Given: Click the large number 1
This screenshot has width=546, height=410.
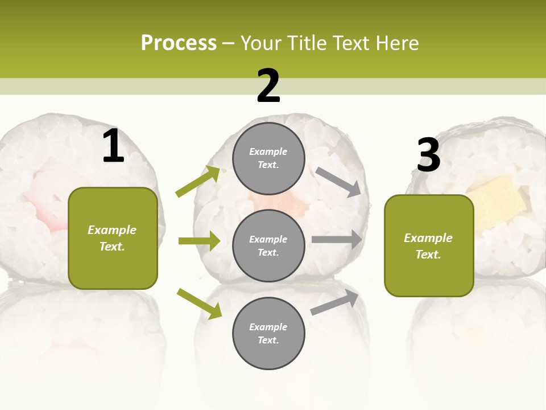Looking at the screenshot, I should pyautogui.click(x=113, y=146).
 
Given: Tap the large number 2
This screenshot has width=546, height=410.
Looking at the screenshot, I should pyautogui.click(x=268, y=86).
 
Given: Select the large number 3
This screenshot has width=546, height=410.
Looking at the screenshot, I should pyautogui.click(x=428, y=155).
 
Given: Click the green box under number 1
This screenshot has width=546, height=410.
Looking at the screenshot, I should pyautogui.click(x=113, y=238).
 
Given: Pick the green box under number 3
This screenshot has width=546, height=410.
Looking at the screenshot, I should pyautogui.click(x=429, y=245).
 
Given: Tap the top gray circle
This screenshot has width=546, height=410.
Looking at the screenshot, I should pyautogui.click(x=268, y=158).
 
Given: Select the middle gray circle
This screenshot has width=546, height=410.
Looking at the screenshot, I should pyautogui.click(x=268, y=245).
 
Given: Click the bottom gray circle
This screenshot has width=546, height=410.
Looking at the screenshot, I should pyautogui.click(x=268, y=333).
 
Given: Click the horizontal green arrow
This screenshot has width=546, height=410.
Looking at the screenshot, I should pyautogui.click(x=199, y=241).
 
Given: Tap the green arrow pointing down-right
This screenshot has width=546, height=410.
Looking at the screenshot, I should pyautogui.click(x=199, y=304).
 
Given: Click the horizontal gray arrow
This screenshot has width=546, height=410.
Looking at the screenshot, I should pyautogui.click(x=337, y=240).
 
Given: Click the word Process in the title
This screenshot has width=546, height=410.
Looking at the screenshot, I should pyautogui.click(x=179, y=43).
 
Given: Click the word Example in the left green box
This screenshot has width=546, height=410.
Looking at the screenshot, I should pyautogui.click(x=112, y=230).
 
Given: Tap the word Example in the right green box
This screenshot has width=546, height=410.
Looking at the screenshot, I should pyautogui.click(x=428, y=238).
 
